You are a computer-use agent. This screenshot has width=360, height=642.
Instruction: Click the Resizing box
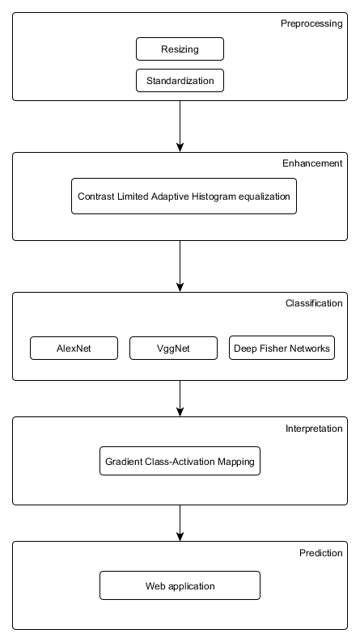coord(180,49)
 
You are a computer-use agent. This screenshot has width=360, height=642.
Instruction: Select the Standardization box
coord(180,81)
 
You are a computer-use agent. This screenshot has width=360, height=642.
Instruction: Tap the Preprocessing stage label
coord(311,23)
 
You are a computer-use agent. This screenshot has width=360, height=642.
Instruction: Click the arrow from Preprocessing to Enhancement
coord(180,126)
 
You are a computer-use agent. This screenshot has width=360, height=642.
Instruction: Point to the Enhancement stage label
coord(312,163)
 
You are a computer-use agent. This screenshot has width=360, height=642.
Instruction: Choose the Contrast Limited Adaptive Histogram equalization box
coord(184,196)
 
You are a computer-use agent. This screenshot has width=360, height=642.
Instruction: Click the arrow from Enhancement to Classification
coord(180,267)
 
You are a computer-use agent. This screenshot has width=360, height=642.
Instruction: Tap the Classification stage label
coord(314,303)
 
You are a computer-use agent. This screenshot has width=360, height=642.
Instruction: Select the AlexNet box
coord(74,348)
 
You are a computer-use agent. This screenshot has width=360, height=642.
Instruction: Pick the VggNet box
coord(173,348)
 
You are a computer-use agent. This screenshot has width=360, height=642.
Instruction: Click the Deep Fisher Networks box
coord(282,348)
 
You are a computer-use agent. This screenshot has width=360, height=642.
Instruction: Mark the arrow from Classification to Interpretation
coord(180,399)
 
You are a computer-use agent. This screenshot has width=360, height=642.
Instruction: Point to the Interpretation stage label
coord(314,429)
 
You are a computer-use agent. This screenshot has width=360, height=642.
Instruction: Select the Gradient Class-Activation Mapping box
coord(180,461)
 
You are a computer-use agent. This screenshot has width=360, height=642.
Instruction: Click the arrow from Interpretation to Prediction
coord(180,523)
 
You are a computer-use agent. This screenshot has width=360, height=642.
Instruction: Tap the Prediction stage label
coord(320,553)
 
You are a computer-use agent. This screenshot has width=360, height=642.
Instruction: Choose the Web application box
coord(180,585)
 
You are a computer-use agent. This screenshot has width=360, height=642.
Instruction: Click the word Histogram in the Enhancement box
coord(214,196)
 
